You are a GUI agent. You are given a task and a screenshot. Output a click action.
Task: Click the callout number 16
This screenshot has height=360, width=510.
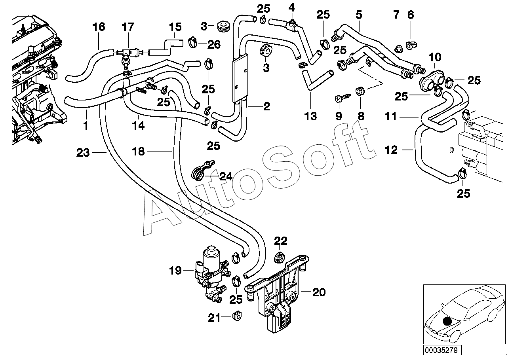[x=99, y=27]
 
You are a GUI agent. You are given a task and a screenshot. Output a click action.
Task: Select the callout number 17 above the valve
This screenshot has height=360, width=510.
[x=127, y=27]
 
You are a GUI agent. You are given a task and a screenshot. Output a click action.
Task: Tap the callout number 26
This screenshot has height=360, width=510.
[x=214, y=45]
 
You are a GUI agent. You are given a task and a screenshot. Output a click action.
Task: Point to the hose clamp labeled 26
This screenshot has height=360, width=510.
[x=193, y=42]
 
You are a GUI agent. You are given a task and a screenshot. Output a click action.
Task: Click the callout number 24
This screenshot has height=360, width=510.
[x=226, y=176]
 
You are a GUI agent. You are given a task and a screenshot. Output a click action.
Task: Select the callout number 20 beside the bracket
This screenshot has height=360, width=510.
[x=319, y=292]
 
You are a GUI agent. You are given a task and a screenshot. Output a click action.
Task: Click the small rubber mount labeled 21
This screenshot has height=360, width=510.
[x=237, y=316]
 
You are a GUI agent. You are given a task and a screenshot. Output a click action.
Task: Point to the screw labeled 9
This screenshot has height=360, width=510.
[x=343, y=98]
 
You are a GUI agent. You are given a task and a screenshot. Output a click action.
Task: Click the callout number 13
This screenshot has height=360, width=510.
[x=310, y=116]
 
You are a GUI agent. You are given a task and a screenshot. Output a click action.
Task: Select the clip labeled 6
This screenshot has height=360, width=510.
[x=411, y=45]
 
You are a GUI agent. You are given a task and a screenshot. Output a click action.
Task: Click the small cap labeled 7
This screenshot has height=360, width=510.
[x=398, y=48]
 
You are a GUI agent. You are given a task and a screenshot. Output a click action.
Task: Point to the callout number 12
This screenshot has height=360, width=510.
[x=391, y=150]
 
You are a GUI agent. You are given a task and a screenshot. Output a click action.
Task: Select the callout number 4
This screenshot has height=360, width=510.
[x=291, y=8]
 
